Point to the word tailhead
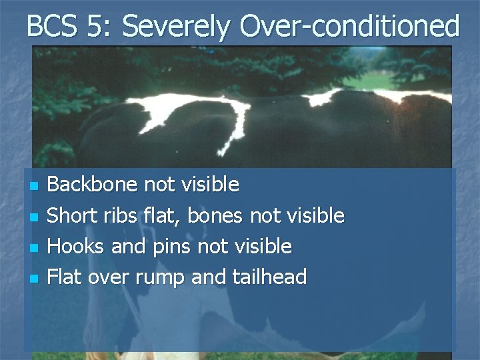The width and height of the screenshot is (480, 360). pos(267,277)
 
